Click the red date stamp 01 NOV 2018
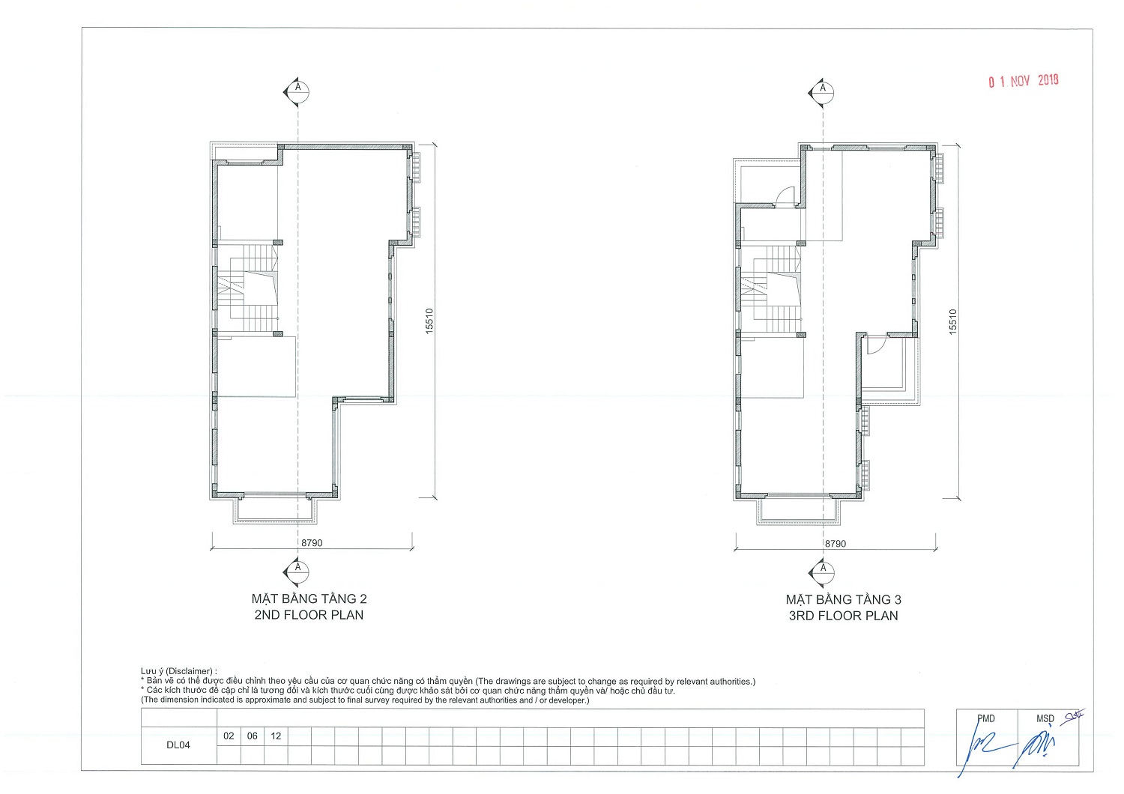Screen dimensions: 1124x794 (1023, 81)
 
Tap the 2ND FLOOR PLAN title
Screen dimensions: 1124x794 (309, 615)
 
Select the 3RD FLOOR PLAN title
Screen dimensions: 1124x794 (843, 616)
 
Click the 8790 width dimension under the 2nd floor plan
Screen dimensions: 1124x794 (312, 543)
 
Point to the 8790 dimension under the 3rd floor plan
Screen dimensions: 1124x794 (835, 544)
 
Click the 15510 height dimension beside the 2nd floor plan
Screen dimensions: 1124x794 (429, 321)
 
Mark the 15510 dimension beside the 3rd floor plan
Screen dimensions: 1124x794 (953, 321)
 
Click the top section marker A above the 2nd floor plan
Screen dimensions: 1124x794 (297, 92)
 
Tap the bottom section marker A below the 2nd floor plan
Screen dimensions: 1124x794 (297, 572)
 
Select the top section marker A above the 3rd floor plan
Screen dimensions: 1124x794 (821, 93)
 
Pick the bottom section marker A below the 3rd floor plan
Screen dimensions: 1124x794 (821, 573)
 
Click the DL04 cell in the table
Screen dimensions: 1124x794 (178, 745)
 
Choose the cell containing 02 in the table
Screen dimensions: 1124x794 (229, 736)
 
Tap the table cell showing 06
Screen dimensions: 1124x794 (253, 736)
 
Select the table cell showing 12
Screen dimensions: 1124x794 (276, 736)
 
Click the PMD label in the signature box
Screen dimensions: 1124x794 (986, 719)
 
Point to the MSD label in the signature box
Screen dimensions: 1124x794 (1045, 719)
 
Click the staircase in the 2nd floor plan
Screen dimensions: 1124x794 (248, 288)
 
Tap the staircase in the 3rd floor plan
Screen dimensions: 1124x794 (771, 289)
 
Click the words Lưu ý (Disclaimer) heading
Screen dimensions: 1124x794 (178, 671)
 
